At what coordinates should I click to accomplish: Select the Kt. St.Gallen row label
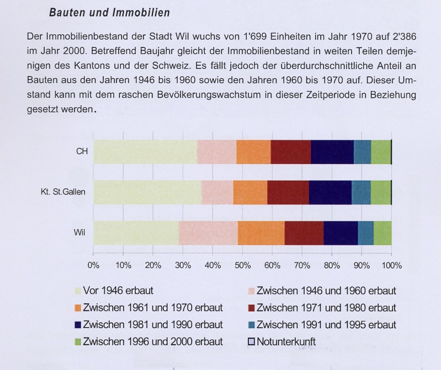click(x=60, y=192)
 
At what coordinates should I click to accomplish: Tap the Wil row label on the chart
click(x=79, y=232)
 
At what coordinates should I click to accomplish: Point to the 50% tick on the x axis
click(x=242, y=265)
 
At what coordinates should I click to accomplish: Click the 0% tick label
click(x=93, y=265)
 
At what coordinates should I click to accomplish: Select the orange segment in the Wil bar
click(x=261, y=232)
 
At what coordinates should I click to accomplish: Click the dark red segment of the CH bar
click(x=290, y=152)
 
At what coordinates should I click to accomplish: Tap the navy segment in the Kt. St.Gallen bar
click(x=330, y=192)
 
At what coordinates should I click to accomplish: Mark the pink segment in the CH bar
click(x=216, y=152)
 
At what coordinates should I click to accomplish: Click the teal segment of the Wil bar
click(x=365, y=232)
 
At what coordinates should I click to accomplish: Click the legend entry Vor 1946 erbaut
click(x=118, y=291)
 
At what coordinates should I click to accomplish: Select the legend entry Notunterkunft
click(x=286, y=342)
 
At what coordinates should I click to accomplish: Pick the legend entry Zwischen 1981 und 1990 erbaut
click(x=152, y=325)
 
